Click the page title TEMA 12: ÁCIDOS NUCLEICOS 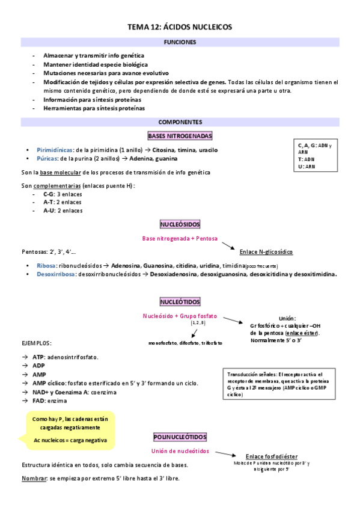(x=180, y=27)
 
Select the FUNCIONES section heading (x=180, y=43)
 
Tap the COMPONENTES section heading (x=180, y=122)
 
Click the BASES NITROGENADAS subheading (x=180, y=137)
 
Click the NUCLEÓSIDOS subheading (x=180, y=224)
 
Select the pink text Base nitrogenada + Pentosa (x=180, y=239)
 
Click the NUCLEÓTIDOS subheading (x=180, y=301)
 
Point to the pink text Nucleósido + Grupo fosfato (x=180, y=316)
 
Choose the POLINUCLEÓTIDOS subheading (x=180, y=436)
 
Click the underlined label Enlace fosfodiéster (x=272, y=456)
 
